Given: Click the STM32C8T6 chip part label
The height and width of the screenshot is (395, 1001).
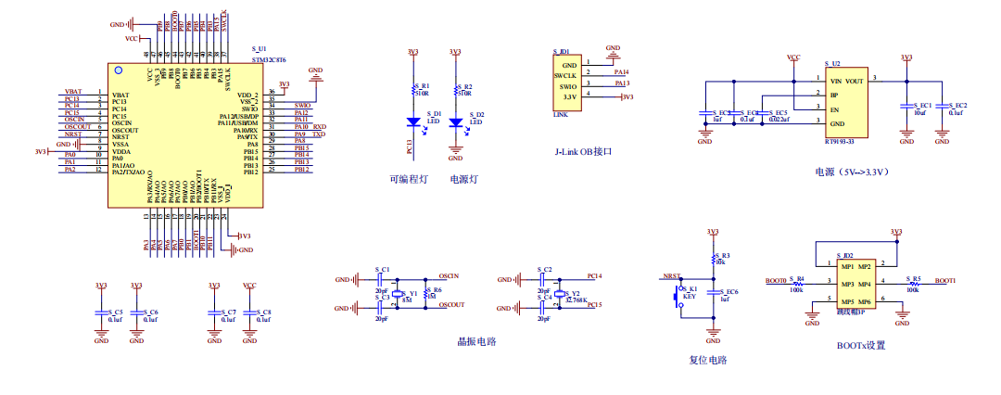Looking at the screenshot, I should (x=270, y=59).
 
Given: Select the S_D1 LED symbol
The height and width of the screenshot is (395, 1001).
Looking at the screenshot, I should (x=413, y=121).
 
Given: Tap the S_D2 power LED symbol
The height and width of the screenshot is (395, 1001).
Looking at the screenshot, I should (x=455, y=121).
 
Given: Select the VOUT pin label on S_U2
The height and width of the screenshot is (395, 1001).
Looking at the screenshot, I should (x=855, y=81).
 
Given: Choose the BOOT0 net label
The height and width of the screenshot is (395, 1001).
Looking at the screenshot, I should (x=776, y=280).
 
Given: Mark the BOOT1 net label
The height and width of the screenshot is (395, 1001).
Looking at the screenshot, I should (x=945, y=280).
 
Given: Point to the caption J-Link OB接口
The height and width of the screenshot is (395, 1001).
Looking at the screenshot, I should (x=584, y=151).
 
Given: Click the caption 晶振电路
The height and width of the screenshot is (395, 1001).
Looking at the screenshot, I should (x=477, y=341).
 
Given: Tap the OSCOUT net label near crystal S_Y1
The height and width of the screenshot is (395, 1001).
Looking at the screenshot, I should (x=451, y=304).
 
